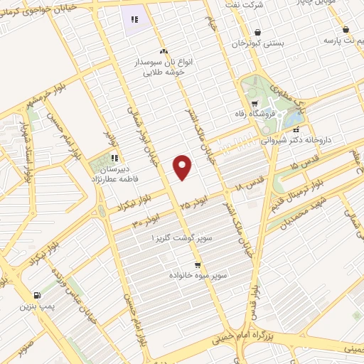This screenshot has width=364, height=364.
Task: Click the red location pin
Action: click(x=183, y=166)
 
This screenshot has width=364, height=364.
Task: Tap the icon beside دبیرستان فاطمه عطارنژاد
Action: click(x=114, y=158)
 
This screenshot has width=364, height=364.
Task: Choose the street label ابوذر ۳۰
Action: click(x=144, y=222)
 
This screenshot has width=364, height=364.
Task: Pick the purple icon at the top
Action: click(x=134, y=20)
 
